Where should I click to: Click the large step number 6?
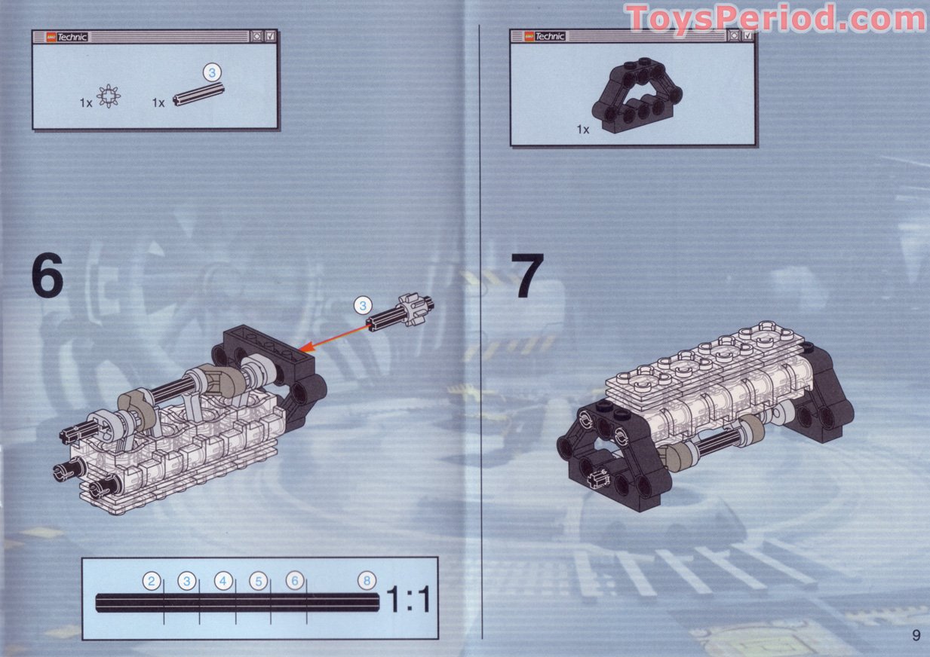(x=47, y=277)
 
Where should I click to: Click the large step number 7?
(x=527, y=277)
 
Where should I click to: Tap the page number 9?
(x=916, y=635)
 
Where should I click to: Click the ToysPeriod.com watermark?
(x=775, y=18)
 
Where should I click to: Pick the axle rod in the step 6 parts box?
(x=198, y=96)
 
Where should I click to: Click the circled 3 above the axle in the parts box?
(x=213, y=72)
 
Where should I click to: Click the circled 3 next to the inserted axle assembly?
(x=363, y=305)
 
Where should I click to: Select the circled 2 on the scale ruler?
(x=152, y=581)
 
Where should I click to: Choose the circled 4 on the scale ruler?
(x=223, y=581)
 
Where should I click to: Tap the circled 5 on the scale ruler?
(x=258, y=581)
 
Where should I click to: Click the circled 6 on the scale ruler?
(x=295, y=581)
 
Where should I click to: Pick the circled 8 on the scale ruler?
(x=367, y=581)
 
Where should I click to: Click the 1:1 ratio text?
(x=408, y=600)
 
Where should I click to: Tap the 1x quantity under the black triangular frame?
(x=582, y=130)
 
